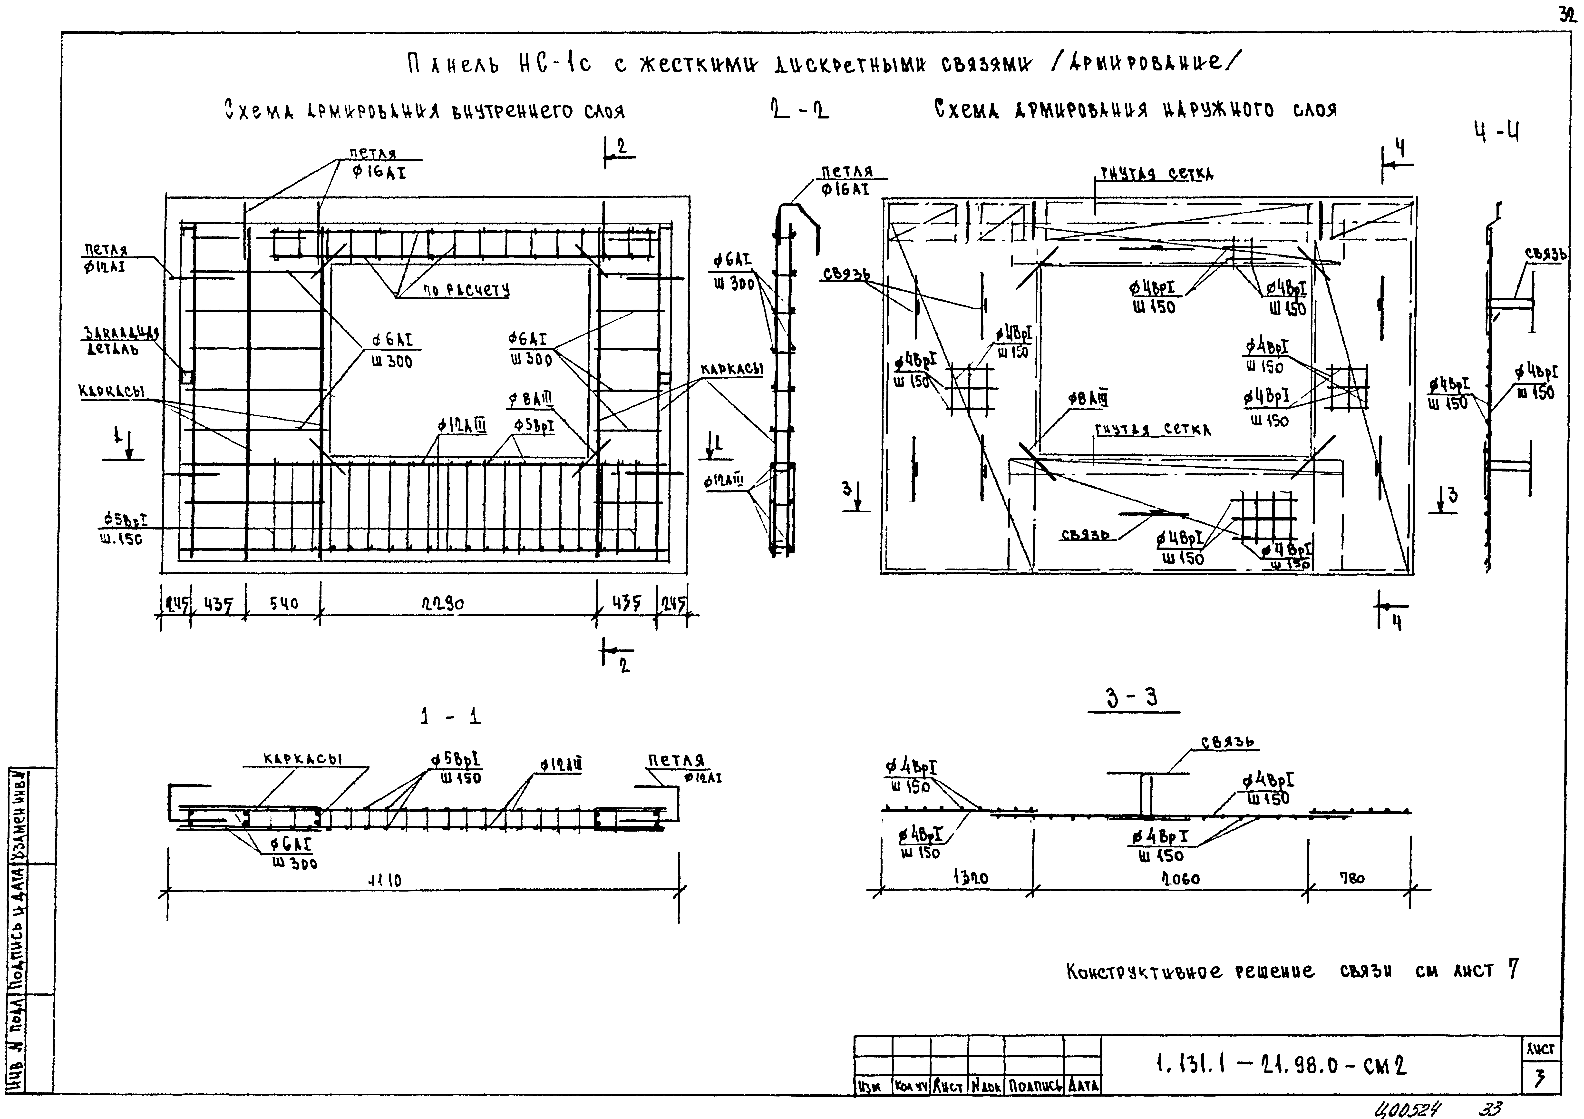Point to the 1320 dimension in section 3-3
point(971,878)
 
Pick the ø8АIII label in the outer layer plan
point(1088,399)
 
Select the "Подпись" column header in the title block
point(1033,1086)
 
